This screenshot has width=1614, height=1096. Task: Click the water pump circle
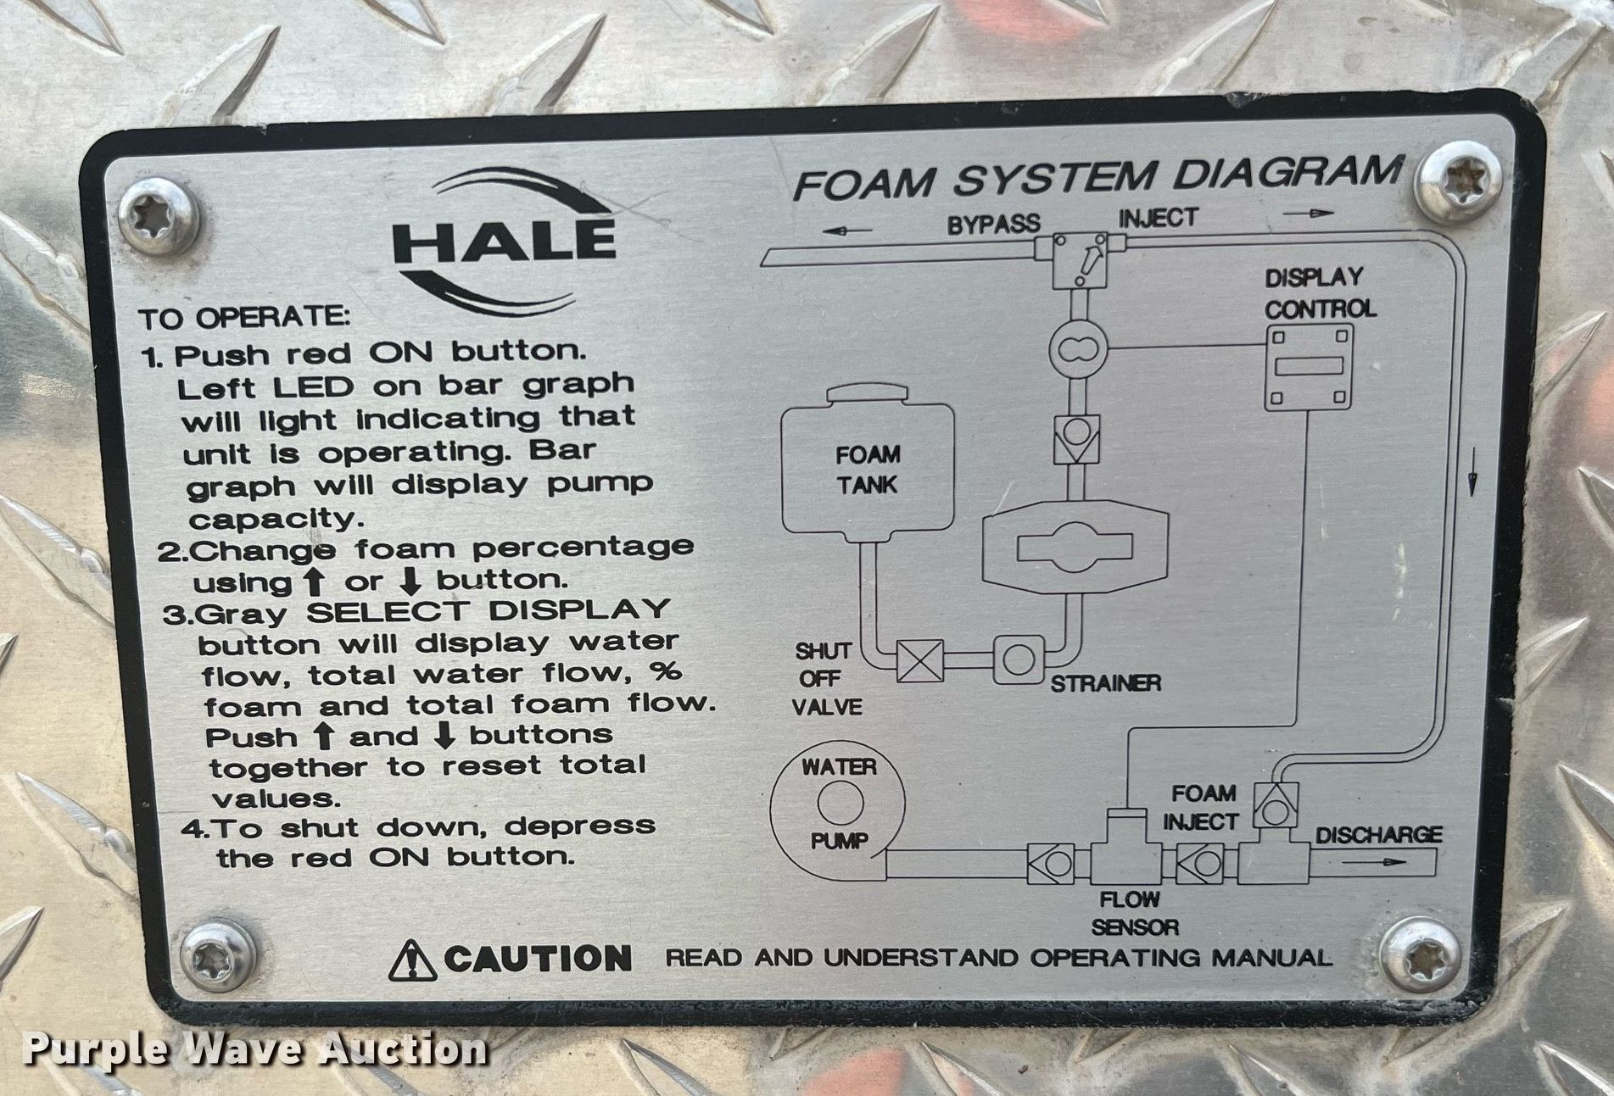click(838, 804)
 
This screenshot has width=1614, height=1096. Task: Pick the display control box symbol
click(1309, 368)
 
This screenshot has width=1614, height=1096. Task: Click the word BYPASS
click(993, 224)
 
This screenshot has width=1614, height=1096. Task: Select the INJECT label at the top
click(1159, 218)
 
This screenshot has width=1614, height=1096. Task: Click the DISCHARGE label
click(1377, 835)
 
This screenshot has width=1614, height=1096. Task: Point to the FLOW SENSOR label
click(1134, 913)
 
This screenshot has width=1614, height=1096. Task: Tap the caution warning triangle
click(413, 960)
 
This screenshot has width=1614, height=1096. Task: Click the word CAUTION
click(538, 959)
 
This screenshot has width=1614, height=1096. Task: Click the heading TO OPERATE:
click(244, 318)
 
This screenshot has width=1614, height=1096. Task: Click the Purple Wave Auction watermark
click(254, 1049)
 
